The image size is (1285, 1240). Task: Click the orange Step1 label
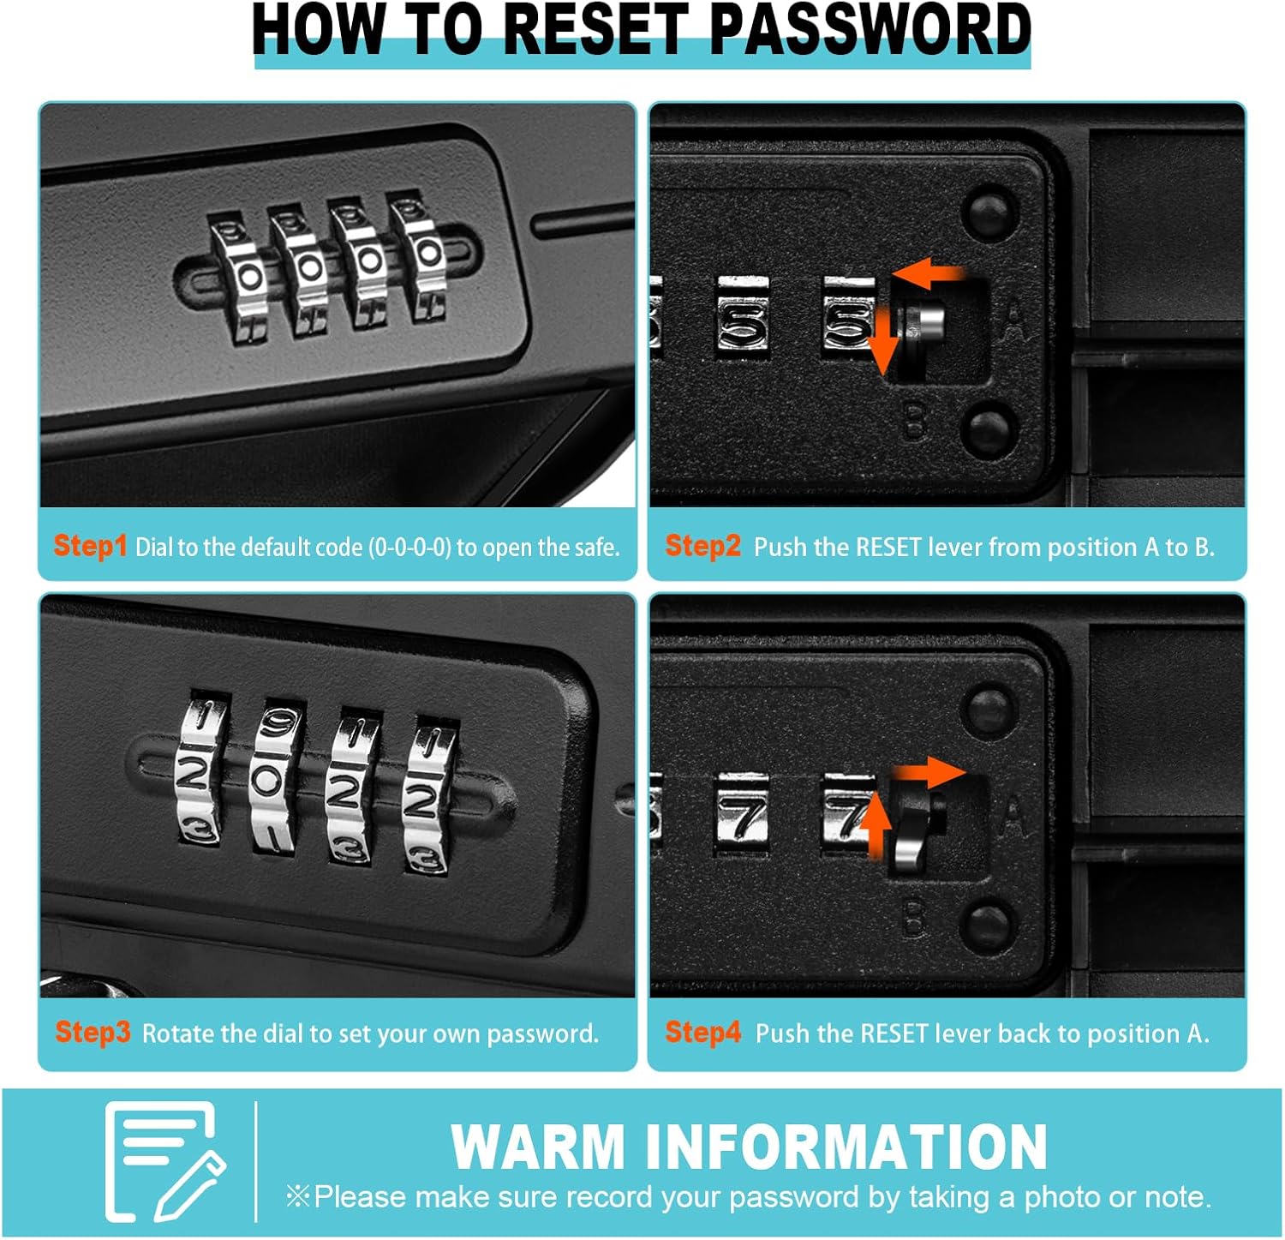(90, 546)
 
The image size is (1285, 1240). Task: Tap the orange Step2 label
(702, 546)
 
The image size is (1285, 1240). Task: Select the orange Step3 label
(93, 1033)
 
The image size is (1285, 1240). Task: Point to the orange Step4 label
(702, 1033)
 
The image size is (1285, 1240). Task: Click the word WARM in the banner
(538, 1147)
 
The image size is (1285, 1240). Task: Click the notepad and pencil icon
(164, 1162)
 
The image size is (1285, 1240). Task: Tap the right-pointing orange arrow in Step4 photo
(930, 773)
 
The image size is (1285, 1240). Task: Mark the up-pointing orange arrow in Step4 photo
(875, 824)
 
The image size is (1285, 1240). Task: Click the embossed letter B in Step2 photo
(916, 421)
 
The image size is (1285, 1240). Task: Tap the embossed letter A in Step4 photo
(1013, 816)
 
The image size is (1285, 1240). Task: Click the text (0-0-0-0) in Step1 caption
(409, 547)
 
